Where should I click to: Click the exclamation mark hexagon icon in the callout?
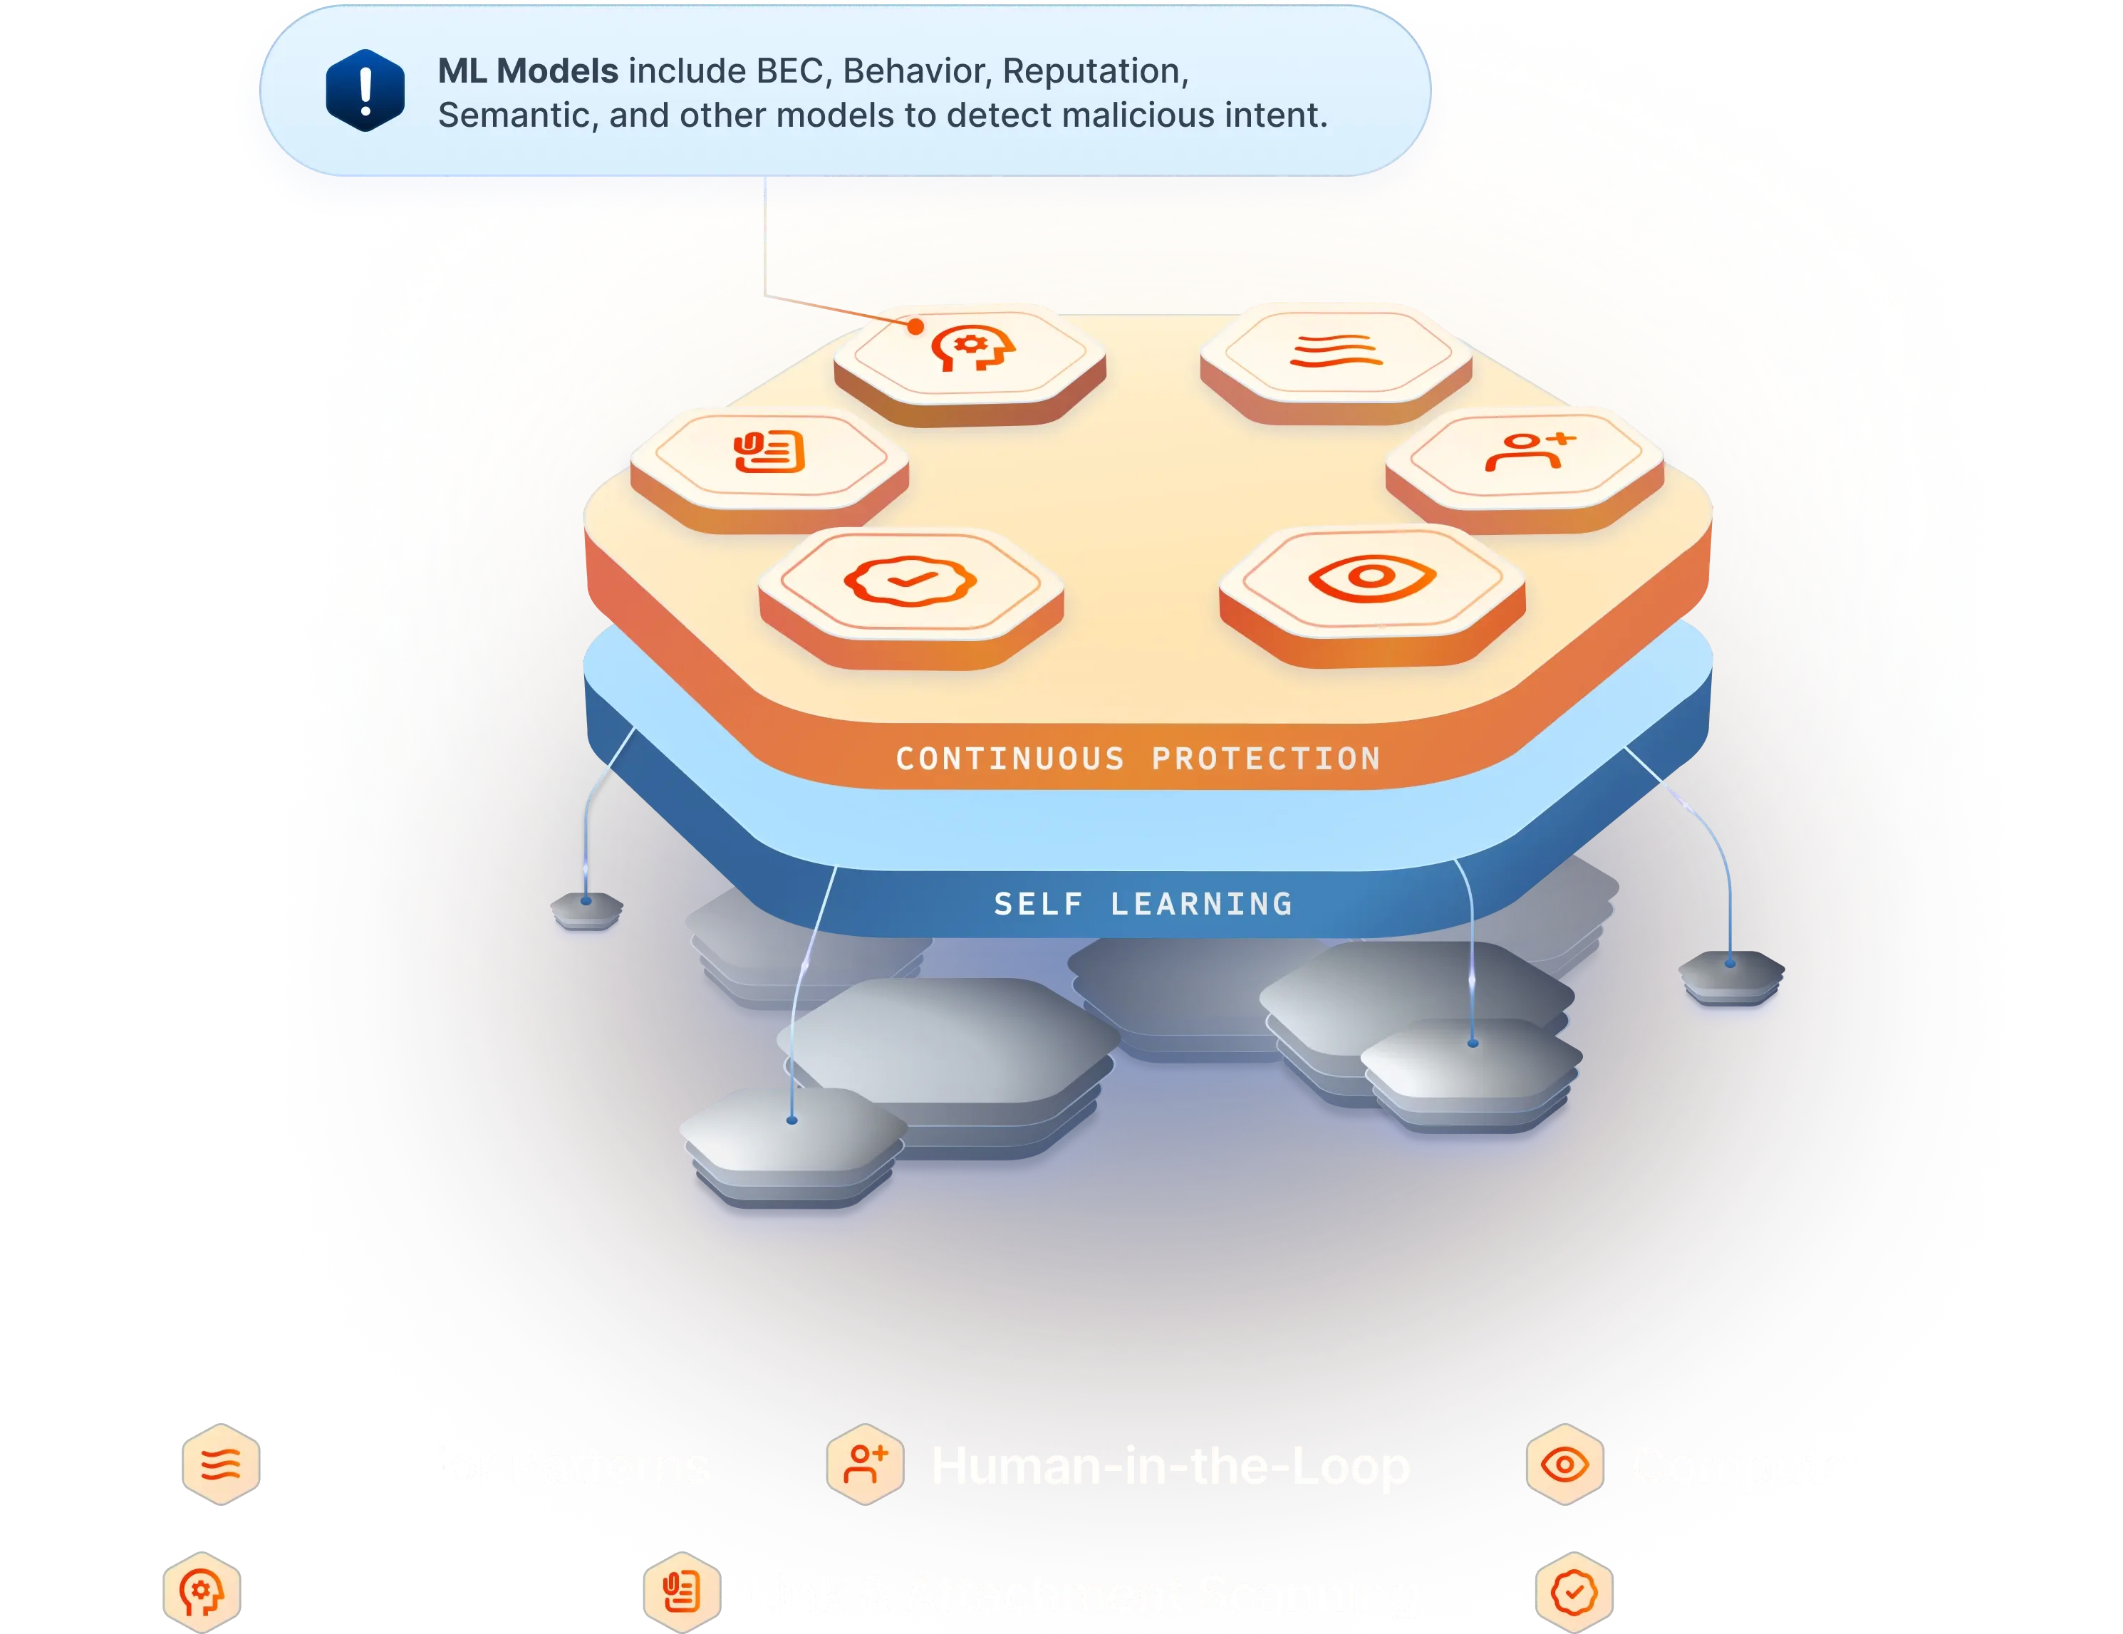pos(365,90)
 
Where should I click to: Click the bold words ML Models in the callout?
pos(528,71)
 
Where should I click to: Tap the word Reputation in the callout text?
pos(1094,71)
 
